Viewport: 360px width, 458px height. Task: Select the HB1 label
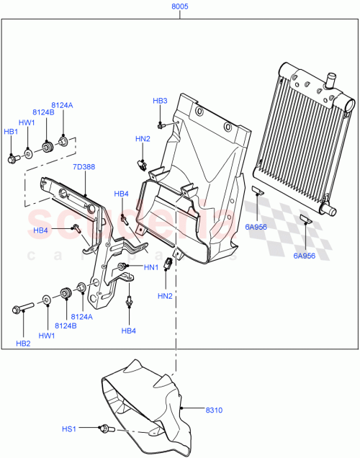click(11, 132)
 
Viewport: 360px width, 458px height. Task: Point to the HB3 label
click(160, 101)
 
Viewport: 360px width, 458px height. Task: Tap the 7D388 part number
click(83, 167)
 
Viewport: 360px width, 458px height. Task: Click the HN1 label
click(151, 268)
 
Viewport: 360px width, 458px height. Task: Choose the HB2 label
click(24, 343)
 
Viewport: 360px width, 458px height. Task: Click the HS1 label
click(69, 429)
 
